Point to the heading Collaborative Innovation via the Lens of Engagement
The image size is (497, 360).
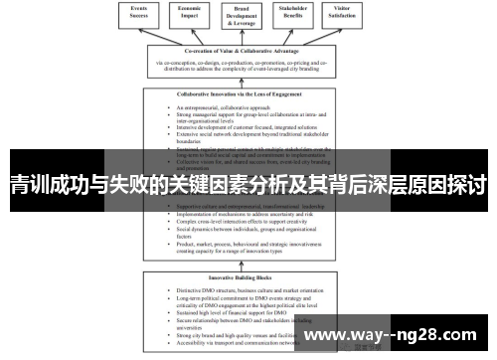pos(248,94)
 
